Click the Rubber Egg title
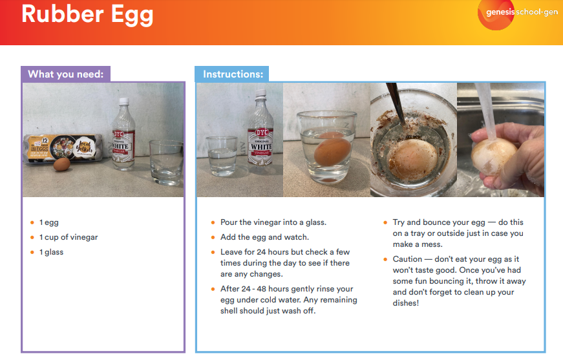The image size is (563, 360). pyautogui.click(x=87, y=14)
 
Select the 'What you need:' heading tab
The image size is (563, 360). pyautogui.click(x=65, y=74)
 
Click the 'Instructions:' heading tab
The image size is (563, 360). pyautogui.click(x=233, y=74)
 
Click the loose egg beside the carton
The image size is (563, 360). pyautogui.click(x=62, y=165)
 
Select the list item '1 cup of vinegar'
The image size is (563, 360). pyautogui.click(x=69, y=237)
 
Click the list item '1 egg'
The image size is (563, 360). pyautogui.click(x=49, y=222)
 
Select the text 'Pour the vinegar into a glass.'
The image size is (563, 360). pyautogui.click(x=273, y=222)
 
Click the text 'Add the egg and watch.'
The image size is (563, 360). pyautogui.click(x=264, y=237)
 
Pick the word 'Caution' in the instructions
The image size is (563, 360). pyautogui.click(x=407, y=259)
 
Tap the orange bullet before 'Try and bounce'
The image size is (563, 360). pyautogui.click(x=385, y=222)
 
